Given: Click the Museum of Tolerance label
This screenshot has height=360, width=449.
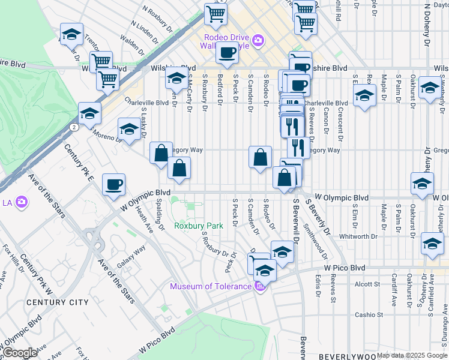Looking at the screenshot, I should (x=210, y=286).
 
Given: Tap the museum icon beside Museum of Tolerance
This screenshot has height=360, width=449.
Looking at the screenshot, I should (x=260, y=286).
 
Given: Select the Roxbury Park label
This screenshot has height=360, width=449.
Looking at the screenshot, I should (x=199, y=226).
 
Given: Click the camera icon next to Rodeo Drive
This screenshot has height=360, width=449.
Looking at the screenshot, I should (x=258, y=40).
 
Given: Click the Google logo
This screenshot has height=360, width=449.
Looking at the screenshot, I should (x=20, y=353).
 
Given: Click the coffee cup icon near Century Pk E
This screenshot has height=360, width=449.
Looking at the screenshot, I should (x=113, y=185).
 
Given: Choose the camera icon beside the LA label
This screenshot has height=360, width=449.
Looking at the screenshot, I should (x=22, y=202).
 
